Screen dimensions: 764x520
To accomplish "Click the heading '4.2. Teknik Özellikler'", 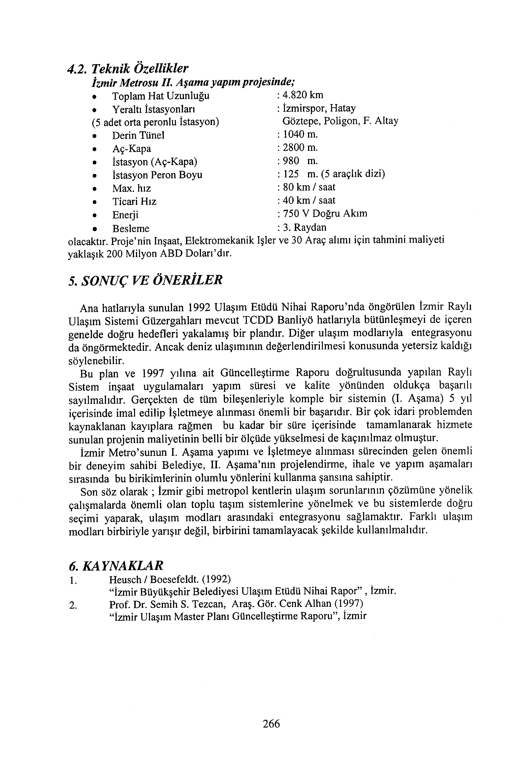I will [x=128, y=68].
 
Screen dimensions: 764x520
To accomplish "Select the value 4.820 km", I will [x=303, y=95].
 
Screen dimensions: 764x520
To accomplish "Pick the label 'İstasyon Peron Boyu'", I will [x=157, y=175].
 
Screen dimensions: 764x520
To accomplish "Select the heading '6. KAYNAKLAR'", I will [x=116, y=565].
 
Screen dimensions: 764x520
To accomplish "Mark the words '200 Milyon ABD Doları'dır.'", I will [x=169, y=254].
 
